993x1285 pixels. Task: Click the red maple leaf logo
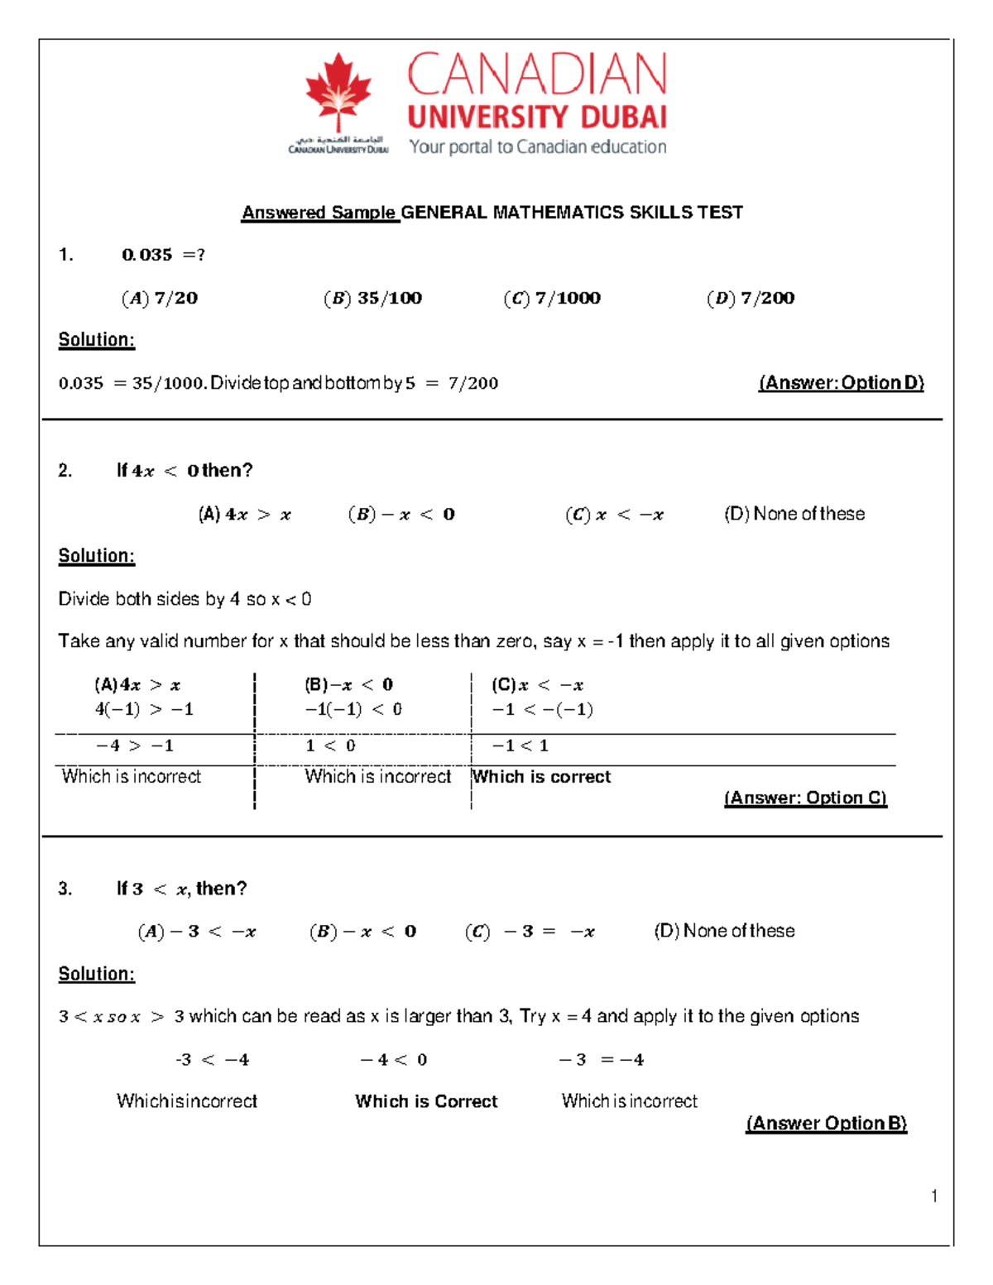[x=338, y=91]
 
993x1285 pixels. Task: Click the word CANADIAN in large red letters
[x=537, y=74]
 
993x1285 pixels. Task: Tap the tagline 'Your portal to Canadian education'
[x=538, y=147]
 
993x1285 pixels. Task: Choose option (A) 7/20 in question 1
[x=160, y=298]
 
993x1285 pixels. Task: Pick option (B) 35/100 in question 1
[x=373, y=298]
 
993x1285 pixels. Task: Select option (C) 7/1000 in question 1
[x=552, y=298]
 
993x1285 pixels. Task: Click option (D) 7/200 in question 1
[x=751, y=298]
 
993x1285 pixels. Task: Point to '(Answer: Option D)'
[x=841, y=383]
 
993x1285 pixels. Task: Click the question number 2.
[x=65, y=471]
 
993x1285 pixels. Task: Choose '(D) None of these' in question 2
[x=794, y=514]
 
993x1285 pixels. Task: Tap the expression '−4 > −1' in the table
[x=135, y=746]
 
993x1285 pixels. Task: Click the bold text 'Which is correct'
[x=541, y=777]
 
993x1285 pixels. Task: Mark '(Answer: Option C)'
[x=805, y=798]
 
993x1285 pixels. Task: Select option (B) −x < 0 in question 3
[x=363, y=932]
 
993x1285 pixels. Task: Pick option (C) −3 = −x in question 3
[x=530, y=932]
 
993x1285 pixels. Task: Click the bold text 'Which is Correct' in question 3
[x=426, y=1101]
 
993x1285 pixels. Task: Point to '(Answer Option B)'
[x=826, y=1123]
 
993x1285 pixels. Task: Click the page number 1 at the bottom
[x=934, y=1196]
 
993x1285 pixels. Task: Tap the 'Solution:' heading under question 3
[x=96, y=974]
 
